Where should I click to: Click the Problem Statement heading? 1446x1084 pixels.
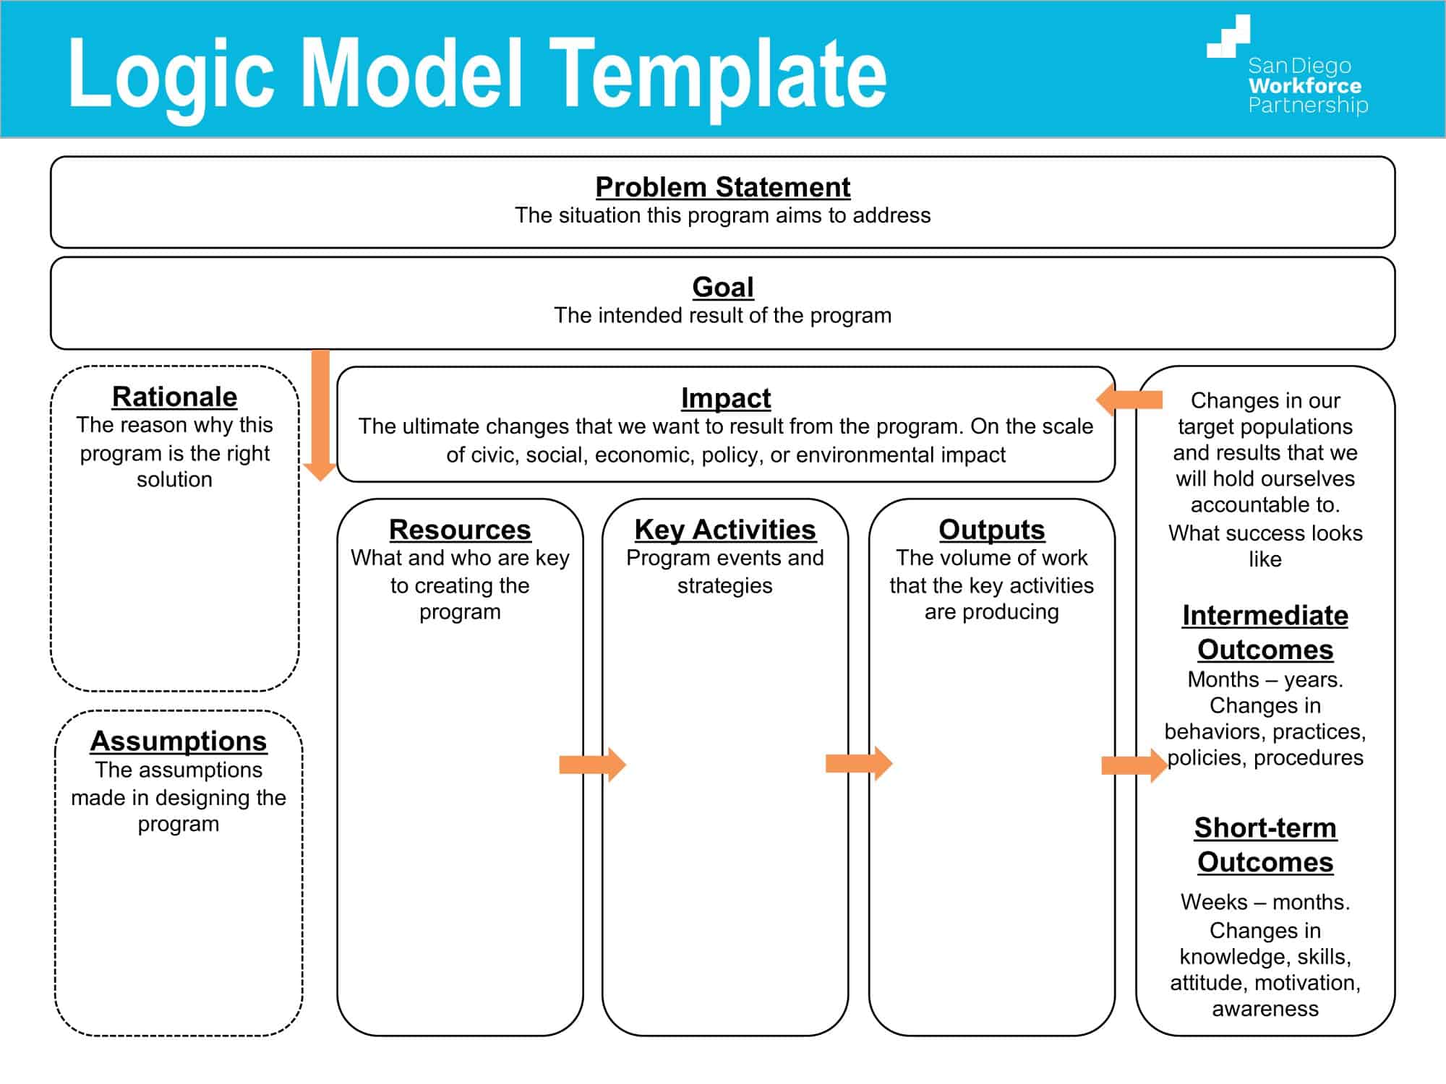(722, 187)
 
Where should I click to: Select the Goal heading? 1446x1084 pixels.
(722, 288)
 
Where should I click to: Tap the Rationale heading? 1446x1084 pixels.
(174, 397)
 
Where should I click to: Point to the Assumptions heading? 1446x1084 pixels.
(179, 741)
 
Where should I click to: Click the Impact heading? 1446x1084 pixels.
(725, 398)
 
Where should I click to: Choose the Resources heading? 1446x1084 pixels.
(460, 530)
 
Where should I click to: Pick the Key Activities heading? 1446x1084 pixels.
(725, 530)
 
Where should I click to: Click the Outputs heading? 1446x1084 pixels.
(991, 530)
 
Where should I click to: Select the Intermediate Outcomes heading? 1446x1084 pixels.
(1265, 632)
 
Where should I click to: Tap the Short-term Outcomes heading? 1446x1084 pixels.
(1265, 845)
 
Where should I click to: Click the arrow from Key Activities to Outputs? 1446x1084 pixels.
(858, 763)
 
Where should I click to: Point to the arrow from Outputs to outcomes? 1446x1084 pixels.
(1133, 765)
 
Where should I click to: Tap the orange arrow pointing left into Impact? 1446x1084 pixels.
(1129, 400)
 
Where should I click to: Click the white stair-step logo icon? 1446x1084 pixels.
(1228, 37)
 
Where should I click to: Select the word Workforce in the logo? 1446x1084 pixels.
(1305, 86)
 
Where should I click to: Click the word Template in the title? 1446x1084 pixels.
(718, 74)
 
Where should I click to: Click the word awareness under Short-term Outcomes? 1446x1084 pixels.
(1265, 1009)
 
